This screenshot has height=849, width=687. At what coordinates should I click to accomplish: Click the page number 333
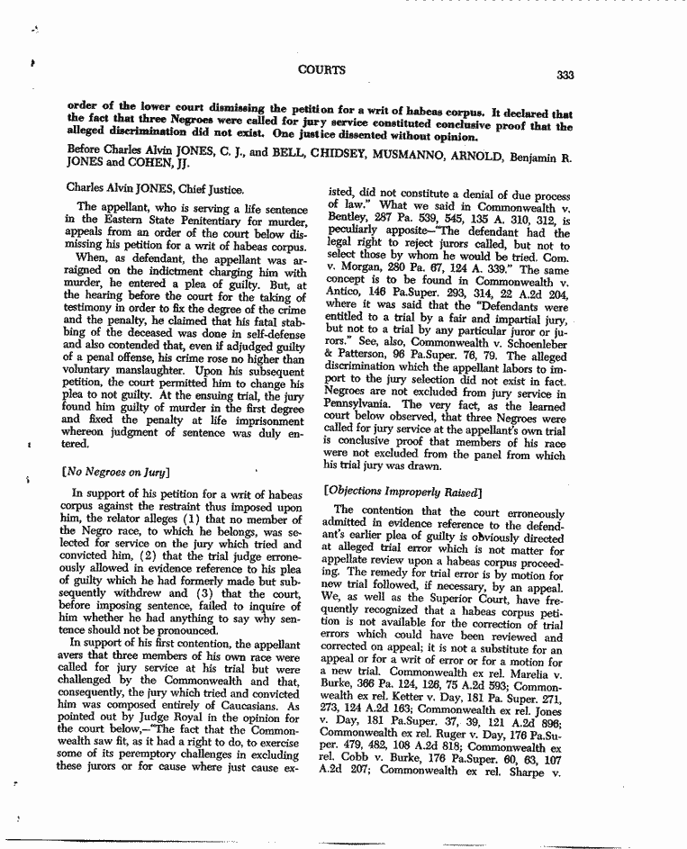(x=565, y=76)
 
